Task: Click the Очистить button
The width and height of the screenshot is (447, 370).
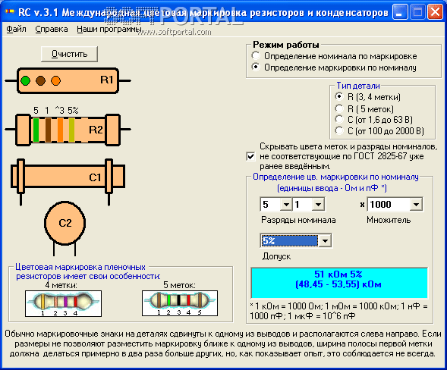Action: pos(69,54)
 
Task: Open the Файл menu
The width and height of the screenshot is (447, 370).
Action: pos(16,29)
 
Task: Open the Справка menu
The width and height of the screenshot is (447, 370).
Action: pos(52,29)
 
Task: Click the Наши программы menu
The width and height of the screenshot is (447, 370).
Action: pos(109,29)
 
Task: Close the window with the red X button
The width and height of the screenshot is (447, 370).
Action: pos(436,12)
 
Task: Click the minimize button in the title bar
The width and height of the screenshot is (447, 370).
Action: pos(400,12)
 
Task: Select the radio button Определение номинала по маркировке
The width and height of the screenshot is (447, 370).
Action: pos(256,55)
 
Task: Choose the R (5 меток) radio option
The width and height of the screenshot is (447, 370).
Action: pos(339,108)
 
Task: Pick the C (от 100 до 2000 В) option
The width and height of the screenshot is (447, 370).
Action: pos(339,130)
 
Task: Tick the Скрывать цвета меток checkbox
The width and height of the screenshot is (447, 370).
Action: pos(250,156)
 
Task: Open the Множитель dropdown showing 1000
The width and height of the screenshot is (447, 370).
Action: pos(416,204)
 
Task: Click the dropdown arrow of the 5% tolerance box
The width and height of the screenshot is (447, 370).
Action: pos(325,240)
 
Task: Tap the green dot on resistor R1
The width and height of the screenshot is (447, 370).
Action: pos(26,80)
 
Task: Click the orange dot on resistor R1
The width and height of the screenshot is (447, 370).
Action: pos(55,80)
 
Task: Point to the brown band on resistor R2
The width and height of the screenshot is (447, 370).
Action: pos(48,130)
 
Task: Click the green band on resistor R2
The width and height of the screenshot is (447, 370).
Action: pos(36,130)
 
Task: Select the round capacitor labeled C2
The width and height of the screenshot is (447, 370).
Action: pos(65,223)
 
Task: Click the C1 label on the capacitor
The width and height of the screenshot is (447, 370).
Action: pos(95,177)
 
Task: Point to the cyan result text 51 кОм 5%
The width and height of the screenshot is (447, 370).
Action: pos(338,274)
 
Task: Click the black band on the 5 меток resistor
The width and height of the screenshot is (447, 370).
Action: pos(178,300)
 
